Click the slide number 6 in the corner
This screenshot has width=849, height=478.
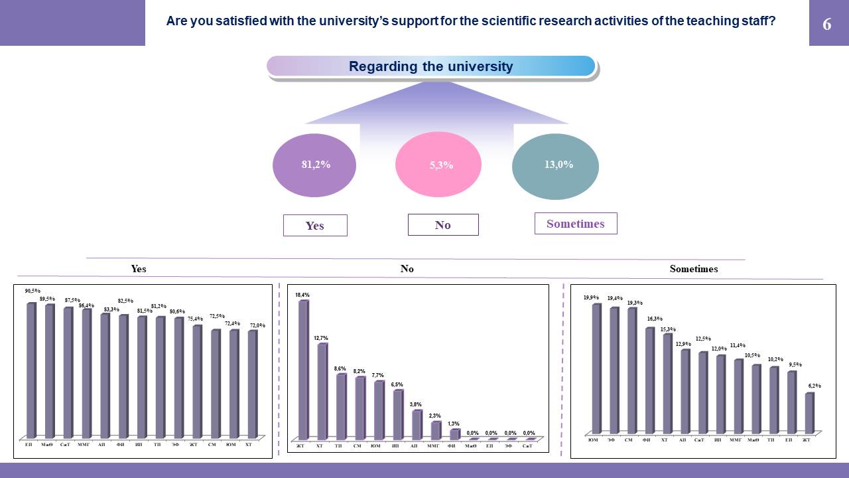click(x=827, y=25)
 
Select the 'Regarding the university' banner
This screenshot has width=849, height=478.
click(x=431, y=66)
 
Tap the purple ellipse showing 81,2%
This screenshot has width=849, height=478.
click(x=315, y=165)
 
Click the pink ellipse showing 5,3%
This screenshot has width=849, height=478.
click(x=438, y=165)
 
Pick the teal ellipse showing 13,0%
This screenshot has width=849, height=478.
click(x=555, y=165)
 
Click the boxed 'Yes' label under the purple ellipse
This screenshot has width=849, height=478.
click(x=315, y=225)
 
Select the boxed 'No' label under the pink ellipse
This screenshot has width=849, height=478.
click(x=443, y=224)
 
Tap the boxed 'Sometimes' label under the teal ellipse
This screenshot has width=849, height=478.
click(x=576, y=223)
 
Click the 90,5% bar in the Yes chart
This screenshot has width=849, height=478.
click(x=31, y=368)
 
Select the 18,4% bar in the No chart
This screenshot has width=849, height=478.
click(x=303, y=368)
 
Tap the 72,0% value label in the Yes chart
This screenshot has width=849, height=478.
click(x=257, y=325)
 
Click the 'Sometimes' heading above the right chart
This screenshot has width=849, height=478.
click(x=694, y=269)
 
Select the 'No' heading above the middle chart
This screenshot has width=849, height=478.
click(x=407, y=269)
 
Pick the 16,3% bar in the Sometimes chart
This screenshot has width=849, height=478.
click(x=649, y=380)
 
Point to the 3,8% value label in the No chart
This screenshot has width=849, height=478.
click(x=416, y=404)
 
